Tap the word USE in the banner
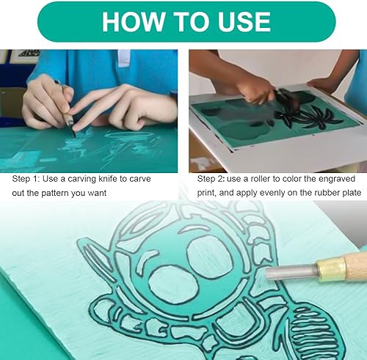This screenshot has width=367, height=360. click(x=244, y=21)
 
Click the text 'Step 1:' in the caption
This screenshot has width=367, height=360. click(x=26, y=179)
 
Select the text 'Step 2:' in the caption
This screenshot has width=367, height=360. click(x=211, y=179)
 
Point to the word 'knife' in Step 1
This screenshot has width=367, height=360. click(x=107, y=179)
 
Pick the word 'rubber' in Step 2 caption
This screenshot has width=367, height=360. click(x=327, y=193)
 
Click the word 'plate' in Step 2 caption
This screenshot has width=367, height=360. click(x=352, y=193)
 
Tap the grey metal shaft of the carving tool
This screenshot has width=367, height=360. click(x=291, y=273)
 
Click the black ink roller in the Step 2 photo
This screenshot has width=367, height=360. click(x=287, y=100)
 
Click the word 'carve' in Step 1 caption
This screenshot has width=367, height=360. click(x=140, y=179)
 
